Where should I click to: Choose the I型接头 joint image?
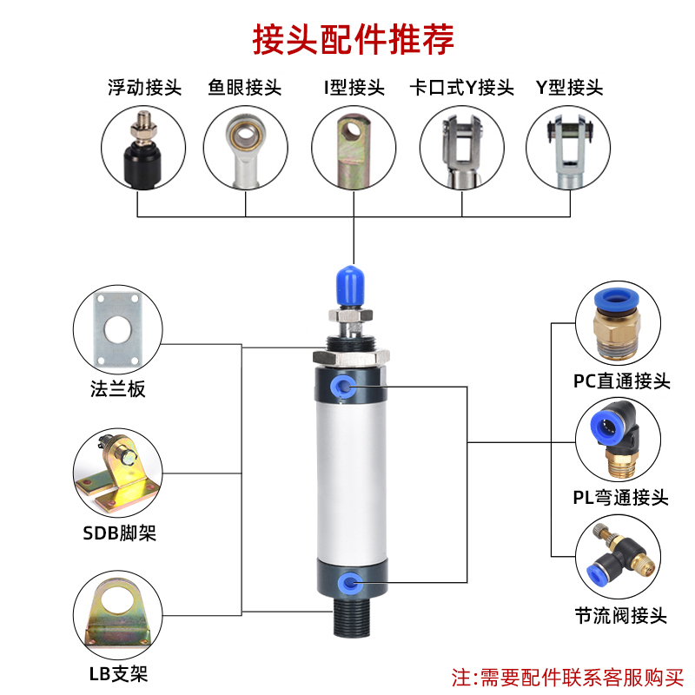(x=353, y=148)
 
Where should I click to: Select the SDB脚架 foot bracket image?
(x=116, y=474)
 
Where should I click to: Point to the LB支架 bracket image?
(x=116, y=615)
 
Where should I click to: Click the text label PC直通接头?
(x=621, y=381)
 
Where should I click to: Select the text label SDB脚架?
(x=120, y=533)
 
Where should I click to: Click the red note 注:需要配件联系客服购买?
(x=568, y=674)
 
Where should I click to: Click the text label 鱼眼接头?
(x=245, y=88)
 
